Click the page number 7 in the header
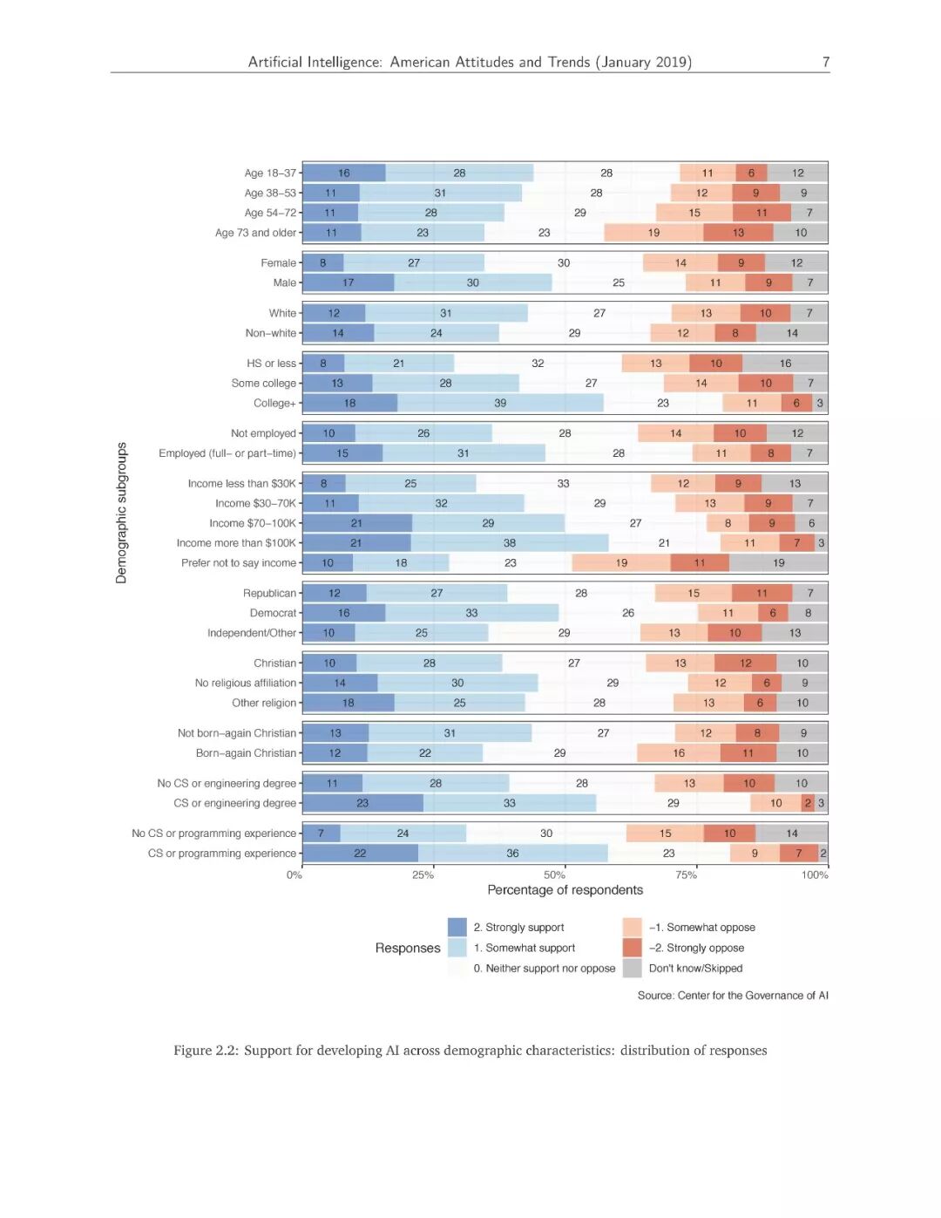pos(825,62)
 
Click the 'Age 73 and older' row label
pos(255,233)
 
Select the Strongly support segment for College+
pos(349,403)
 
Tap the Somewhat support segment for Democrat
pos(471,613)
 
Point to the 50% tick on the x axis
pos(554,874)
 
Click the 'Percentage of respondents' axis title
pos(565,890)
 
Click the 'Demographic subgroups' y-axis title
pos(121,513)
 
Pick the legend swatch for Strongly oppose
pos(632,948)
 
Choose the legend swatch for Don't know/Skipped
pos(632,968)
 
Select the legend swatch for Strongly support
pos(457,927)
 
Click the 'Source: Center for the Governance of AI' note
pos(732,996)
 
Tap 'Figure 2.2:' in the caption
pos(206,1051)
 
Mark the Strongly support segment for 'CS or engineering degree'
pos(362,803)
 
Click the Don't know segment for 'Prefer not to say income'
pos(778,563)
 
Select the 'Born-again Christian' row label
pos(246,753)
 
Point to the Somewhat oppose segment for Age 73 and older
pos(653,233)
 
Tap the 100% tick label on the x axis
pos(815,875)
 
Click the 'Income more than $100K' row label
pos(236,543)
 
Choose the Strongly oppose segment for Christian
pos(745,663)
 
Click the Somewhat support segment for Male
pos(472,282)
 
